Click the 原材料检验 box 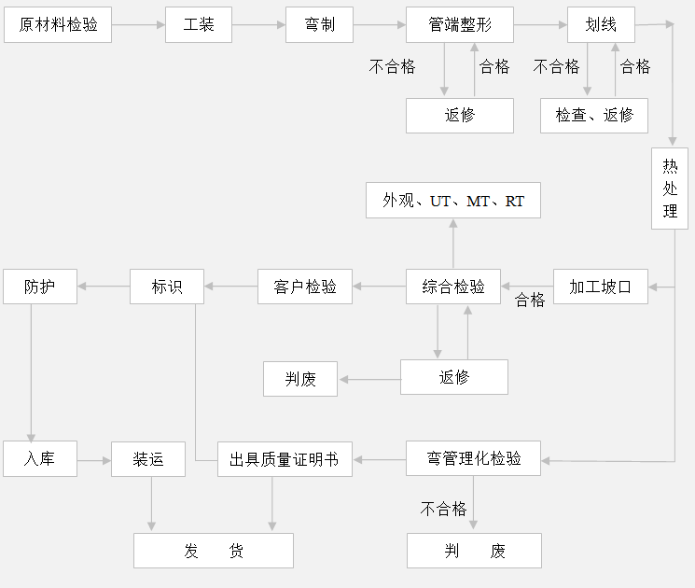pyautogui.click(x=58, y=25)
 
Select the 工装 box pyautogui.click(x=199, y=25)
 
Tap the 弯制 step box pyautogui.click(x=319, y=25)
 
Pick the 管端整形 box pyautogui.click(x=460, y=25)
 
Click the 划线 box pyautogui.click(x=601, y=25)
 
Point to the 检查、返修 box pyautogui.click(x=594, y=115)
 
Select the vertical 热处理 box pyautogui.click(x=670, y=188)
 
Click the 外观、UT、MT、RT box pyautogui.click(x=452, y=201)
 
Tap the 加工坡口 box pyautogui.click(x=600, y=287)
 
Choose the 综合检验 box pyautogui.click(x=453, y=287)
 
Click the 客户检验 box pyautogui.click(x=305, y=287)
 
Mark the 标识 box pyautogui.click(x=167, y=287)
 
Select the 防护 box pyautogui.click(x=39, y=287)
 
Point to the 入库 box pyautogui.click(x=39, y=459)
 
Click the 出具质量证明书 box pyautogui.click(x=285, y=459)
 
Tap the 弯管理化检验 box pyautogui.click(x=473, y=459)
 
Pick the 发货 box pyautogui.click(x=214, y=551)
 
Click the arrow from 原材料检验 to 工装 pyautogui.click(x=138, y=25)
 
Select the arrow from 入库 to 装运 pyautogui.click(x=94, y=459)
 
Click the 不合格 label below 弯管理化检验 pyautogui.click(x=443, y=509)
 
